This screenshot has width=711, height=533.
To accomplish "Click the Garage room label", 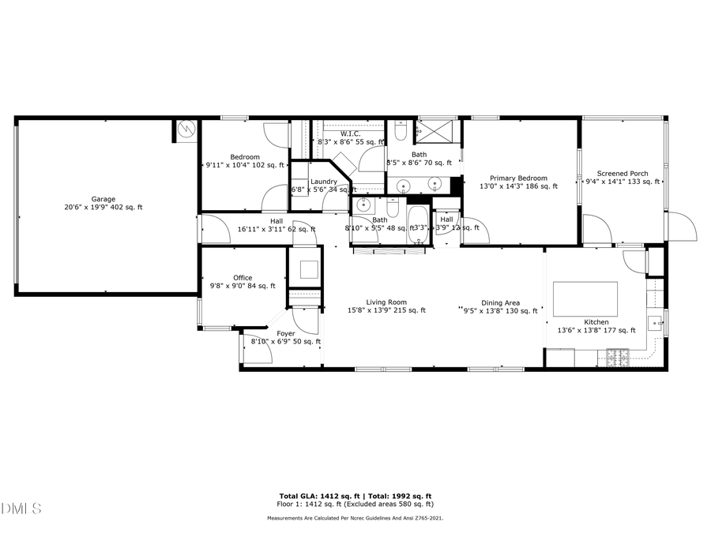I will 103,199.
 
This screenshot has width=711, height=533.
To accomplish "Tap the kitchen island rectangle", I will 585,298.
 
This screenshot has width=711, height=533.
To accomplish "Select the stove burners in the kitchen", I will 621,356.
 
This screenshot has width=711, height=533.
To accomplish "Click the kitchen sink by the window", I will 654,322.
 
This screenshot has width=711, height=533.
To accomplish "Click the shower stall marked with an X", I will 438,129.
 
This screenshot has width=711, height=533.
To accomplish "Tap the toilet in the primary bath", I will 401,126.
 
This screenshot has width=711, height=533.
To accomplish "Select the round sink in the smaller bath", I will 364,205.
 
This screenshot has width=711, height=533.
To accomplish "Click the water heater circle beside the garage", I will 186,130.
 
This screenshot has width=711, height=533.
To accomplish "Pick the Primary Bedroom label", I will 518,178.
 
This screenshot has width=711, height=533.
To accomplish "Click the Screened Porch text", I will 623,174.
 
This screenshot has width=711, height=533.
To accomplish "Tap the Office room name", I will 243,278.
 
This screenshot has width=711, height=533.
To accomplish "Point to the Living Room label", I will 386,302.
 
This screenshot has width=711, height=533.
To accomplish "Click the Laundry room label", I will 324,182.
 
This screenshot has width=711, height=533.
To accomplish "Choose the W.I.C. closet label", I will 351,134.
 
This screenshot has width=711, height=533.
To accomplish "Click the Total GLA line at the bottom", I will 355,496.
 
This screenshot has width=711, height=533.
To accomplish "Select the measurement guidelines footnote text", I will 355,518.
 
